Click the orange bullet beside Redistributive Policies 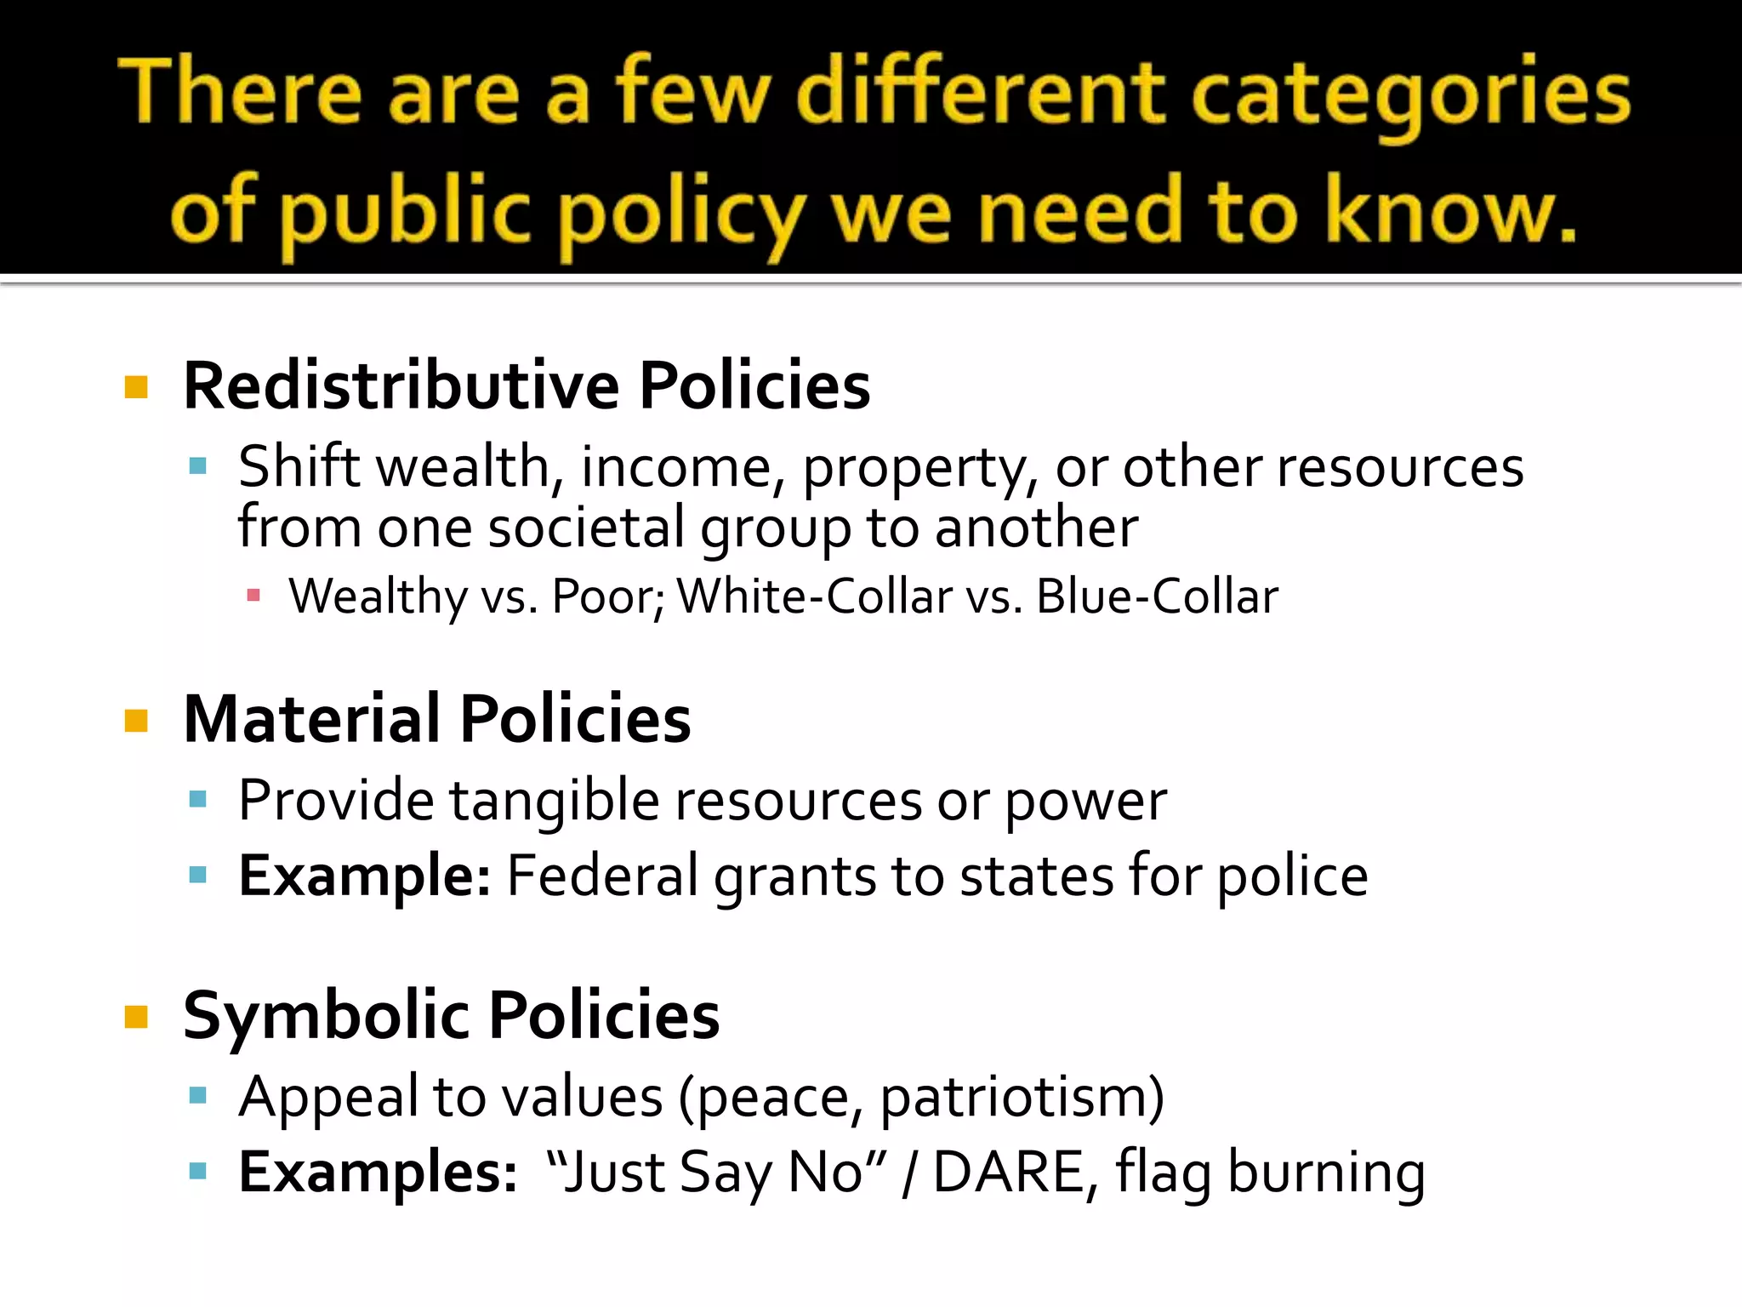tap(136, 388)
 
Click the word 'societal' tap(585, 528)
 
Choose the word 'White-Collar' tap(814, 596)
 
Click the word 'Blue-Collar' tap(1157, 596)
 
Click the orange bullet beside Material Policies tap(136, 722)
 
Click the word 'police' tap(1292, 876)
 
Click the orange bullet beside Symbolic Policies tap(136, 1017)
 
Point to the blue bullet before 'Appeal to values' tap(198, 1096)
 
